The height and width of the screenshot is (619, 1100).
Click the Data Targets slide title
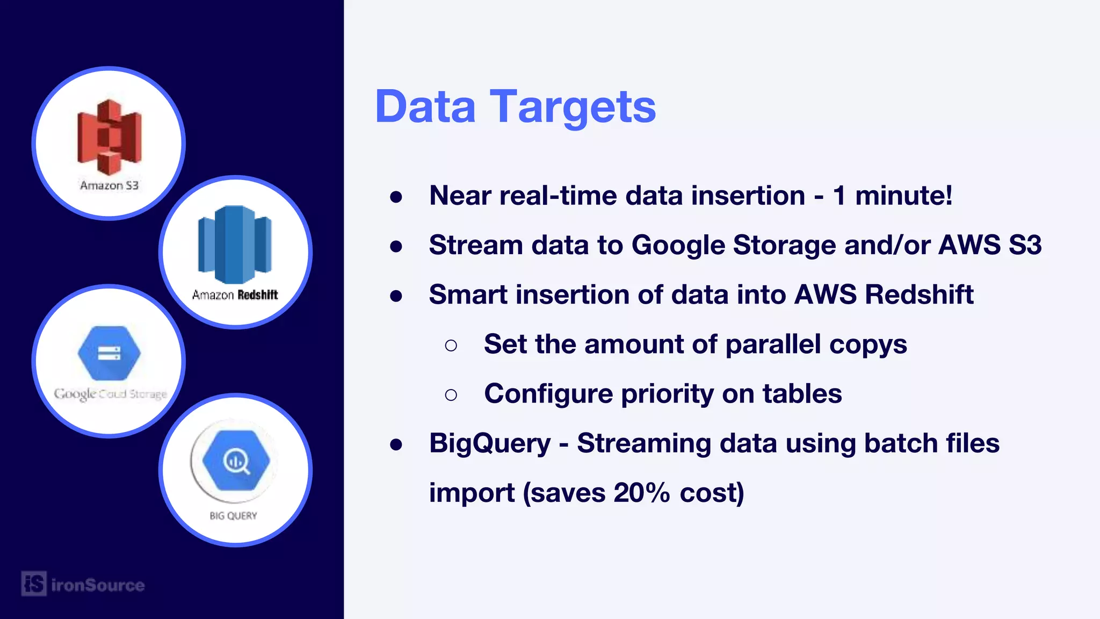(x=515, y=107)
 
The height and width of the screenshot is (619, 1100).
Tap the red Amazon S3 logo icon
(x=110, y=137)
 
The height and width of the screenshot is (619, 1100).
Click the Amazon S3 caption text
(x=110, y=185)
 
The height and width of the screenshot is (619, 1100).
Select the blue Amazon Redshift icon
(x=235, y=244)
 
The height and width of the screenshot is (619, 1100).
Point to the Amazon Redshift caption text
(x=235, y=294)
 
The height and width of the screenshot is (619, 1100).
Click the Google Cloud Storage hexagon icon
(x=109, y=353)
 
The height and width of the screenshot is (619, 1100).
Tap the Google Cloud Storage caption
(x=110, y=394)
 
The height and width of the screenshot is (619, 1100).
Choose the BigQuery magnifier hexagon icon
(x=236, y=460)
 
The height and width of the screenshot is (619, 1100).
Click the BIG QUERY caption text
(x=233, y=516)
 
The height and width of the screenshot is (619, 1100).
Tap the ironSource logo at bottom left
(x=83, y=584)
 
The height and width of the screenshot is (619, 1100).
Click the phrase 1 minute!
(x=892, y=196)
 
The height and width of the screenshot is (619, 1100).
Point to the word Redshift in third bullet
(x=919, y=294)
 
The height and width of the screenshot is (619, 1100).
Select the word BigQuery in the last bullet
(x=490, y=443)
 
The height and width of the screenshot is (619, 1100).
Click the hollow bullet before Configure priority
(x=451, y=395)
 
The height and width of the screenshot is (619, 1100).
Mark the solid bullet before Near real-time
(x=396, y=197)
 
